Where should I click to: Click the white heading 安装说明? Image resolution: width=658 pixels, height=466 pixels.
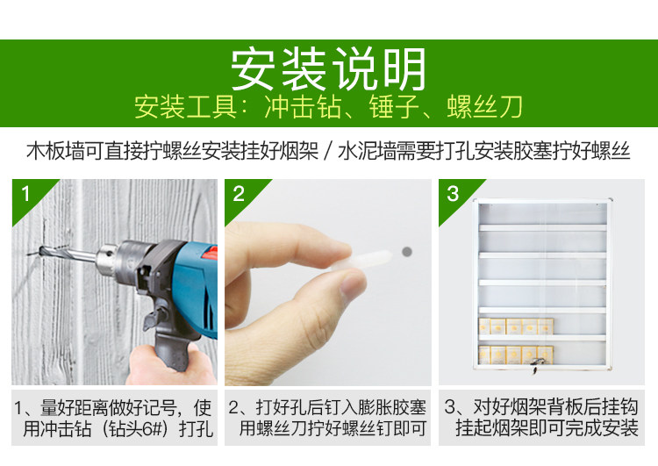329,69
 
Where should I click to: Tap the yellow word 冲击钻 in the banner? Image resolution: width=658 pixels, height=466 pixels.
303,107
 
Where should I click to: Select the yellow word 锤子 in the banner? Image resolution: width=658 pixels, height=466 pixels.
394,107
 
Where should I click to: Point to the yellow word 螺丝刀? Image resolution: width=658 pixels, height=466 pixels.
484,107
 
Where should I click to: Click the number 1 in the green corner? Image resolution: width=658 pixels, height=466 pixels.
25,194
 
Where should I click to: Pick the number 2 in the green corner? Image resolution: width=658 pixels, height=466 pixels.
239,194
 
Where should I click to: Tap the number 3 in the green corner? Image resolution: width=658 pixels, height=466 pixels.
453,194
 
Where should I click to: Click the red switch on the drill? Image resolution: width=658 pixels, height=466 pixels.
211,253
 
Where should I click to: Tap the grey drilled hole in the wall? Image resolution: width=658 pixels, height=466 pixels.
406,252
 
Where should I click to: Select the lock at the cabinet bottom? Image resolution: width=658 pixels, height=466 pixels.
534,365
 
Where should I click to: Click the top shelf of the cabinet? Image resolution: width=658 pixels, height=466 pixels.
542,228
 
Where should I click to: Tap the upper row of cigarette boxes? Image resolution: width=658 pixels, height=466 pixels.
516,326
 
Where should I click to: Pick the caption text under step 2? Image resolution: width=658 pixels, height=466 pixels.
328,418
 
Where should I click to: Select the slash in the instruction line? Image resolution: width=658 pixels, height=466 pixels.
329,151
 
